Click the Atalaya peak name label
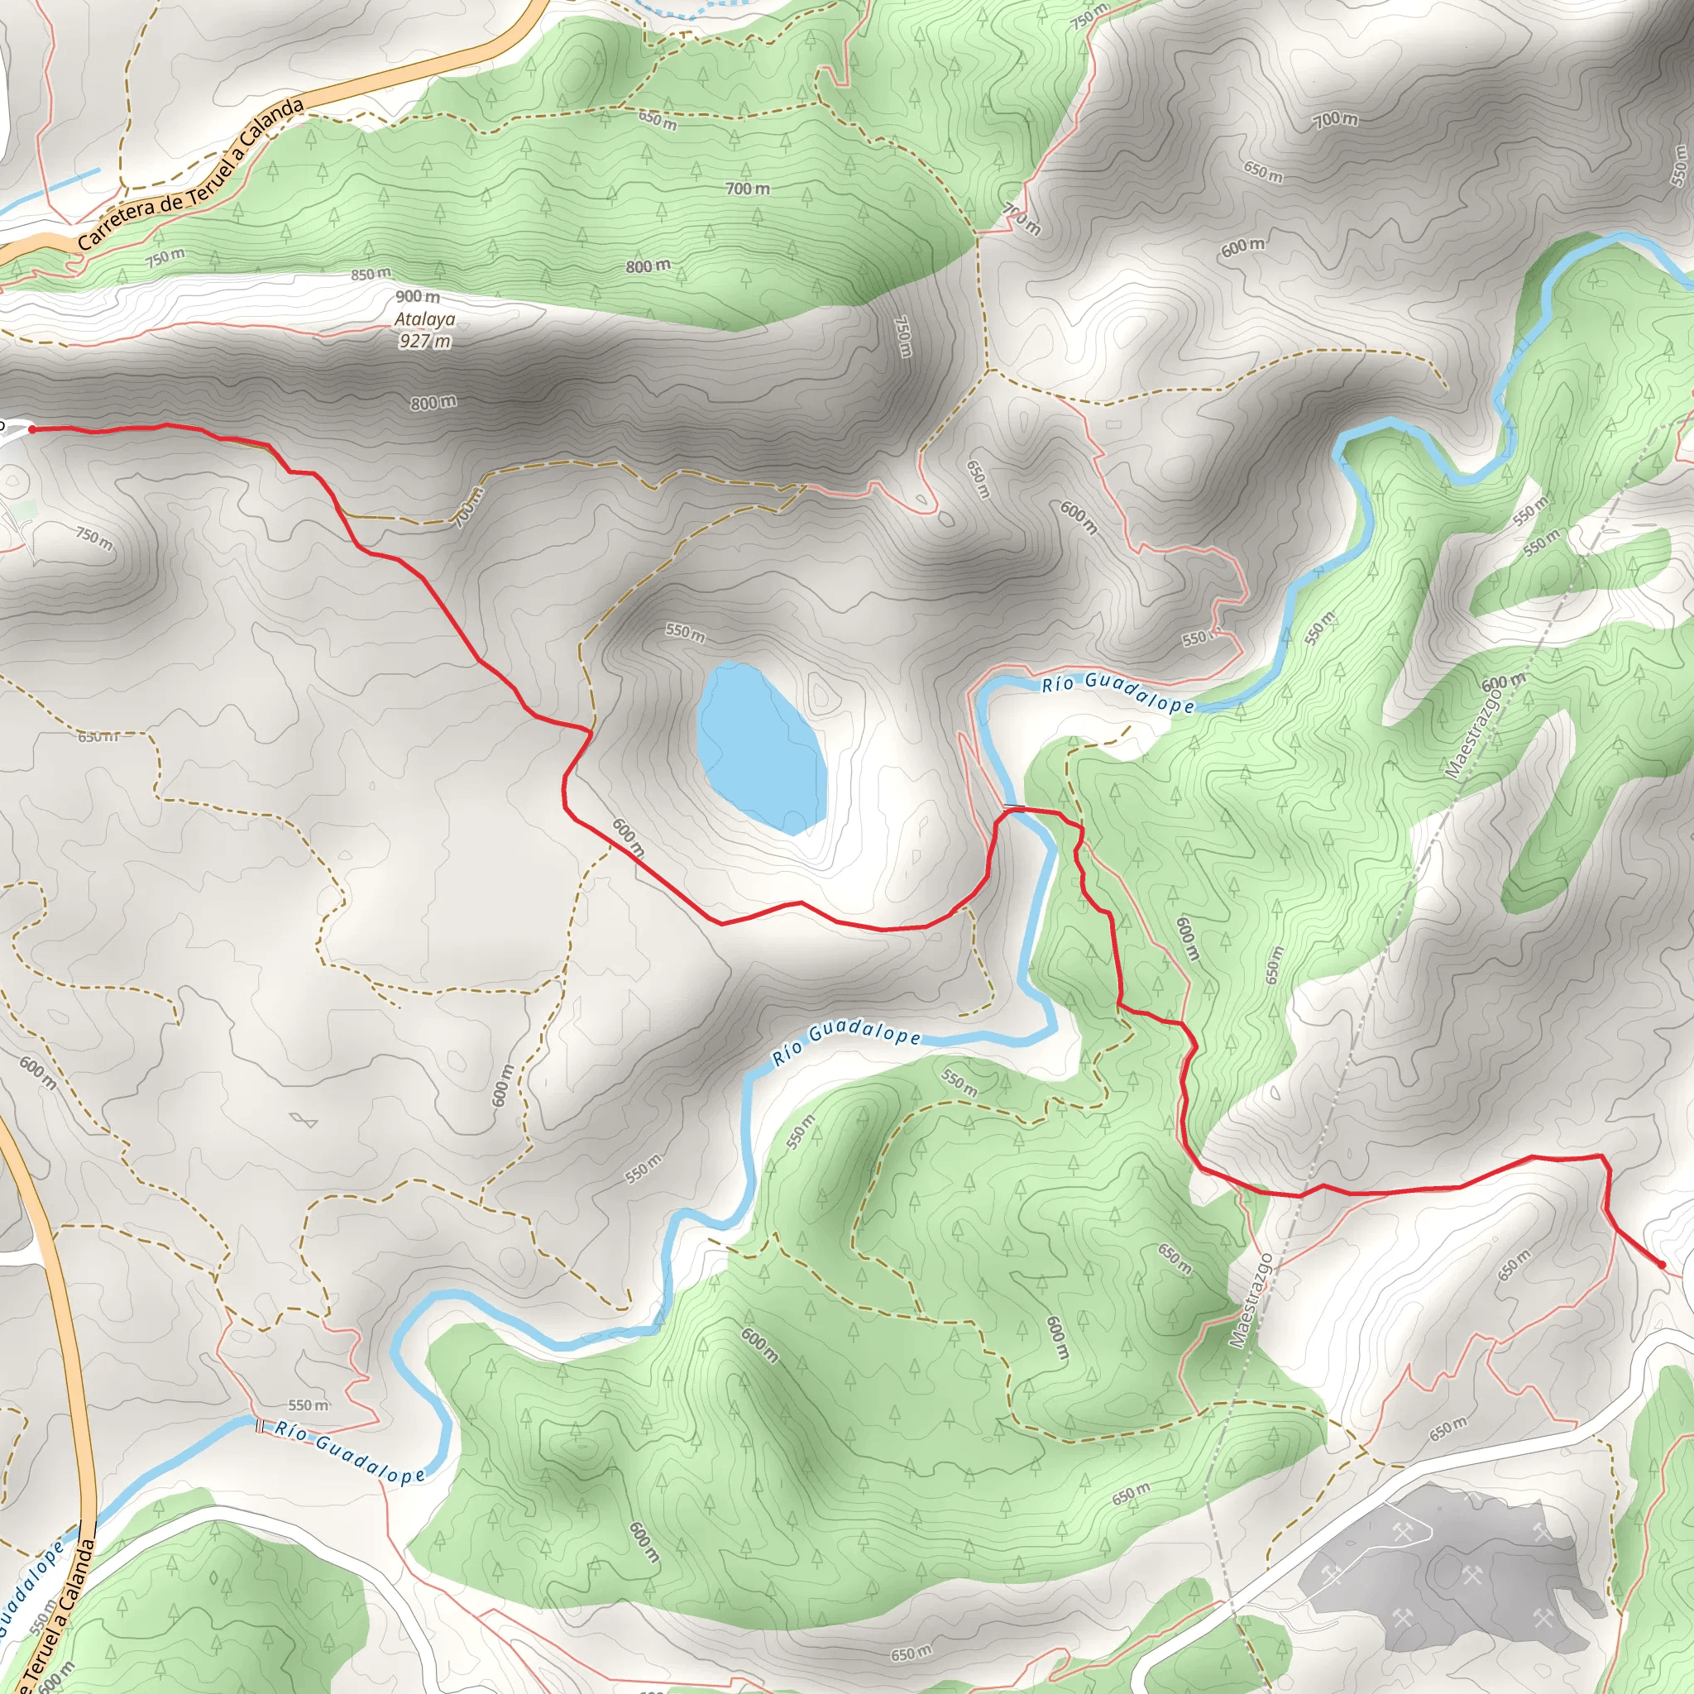point(424,319)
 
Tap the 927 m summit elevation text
point(424,340)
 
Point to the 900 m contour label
point(418,297)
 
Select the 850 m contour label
point(370,275)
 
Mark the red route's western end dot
point(32,429)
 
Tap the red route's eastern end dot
point(1662,1264)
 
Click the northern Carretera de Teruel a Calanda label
point(191,174)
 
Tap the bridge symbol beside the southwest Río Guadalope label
point(259,1426)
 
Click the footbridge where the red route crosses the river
point(1014,806)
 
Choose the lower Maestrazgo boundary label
point(1251,1300)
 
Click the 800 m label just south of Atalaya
point(433,403)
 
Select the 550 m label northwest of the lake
point(684,632)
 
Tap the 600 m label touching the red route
point(628,837)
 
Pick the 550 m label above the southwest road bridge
point(308,1405)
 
